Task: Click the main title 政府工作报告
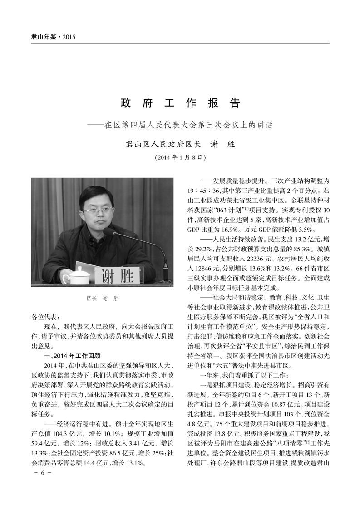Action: point(180,103)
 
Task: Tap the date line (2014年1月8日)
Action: point(180,158)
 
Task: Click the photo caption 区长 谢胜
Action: point(102,299)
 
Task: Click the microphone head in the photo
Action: point(109,232)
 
